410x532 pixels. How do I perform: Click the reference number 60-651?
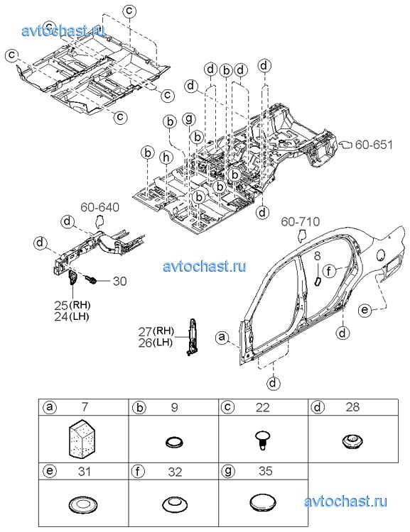tap(374, 145)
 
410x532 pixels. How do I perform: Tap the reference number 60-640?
tap(100, 207)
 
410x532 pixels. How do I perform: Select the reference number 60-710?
tap(300, 222)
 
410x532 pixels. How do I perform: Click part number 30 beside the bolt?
tap(119, 281)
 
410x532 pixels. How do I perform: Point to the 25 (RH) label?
tap(72, 305)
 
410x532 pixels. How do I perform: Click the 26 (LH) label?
tap(156, 343)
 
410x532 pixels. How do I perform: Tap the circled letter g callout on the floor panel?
tap(189, 119)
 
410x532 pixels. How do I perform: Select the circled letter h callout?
tap(166, 157)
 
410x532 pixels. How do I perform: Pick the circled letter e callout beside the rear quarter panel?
tap(365, 310)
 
